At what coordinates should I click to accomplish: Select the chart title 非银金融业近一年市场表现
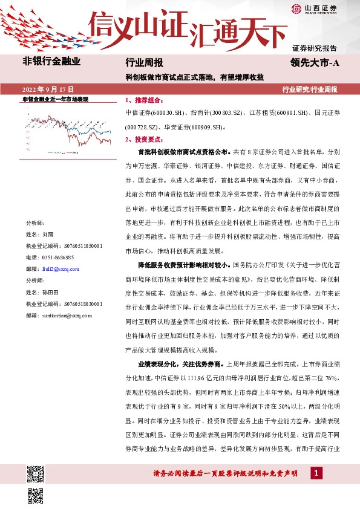pyautogui.click(x=55, y=99)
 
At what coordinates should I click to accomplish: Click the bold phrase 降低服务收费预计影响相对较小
pyautogui.click(x=182, y=264)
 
